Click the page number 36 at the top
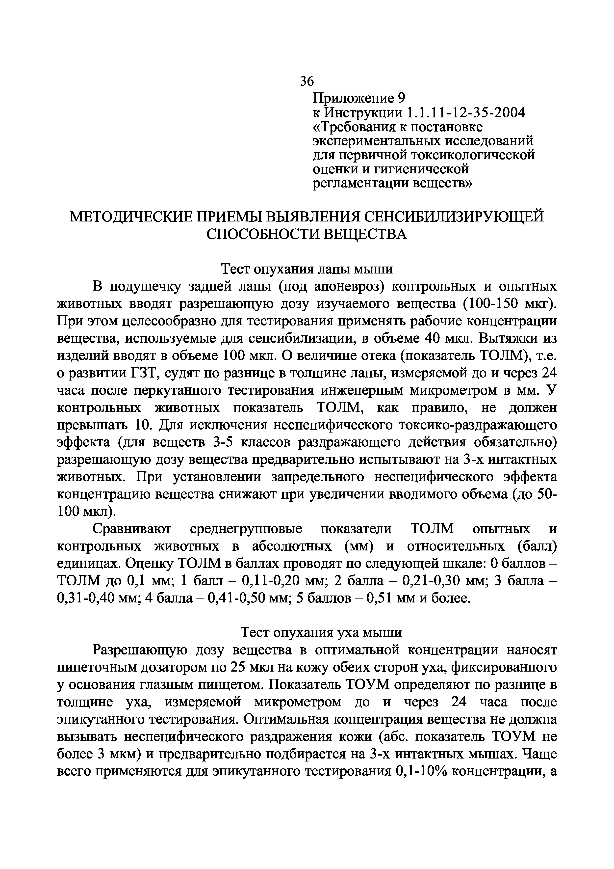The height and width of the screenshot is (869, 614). [307, 81]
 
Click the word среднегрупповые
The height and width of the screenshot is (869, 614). [246, 529]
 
